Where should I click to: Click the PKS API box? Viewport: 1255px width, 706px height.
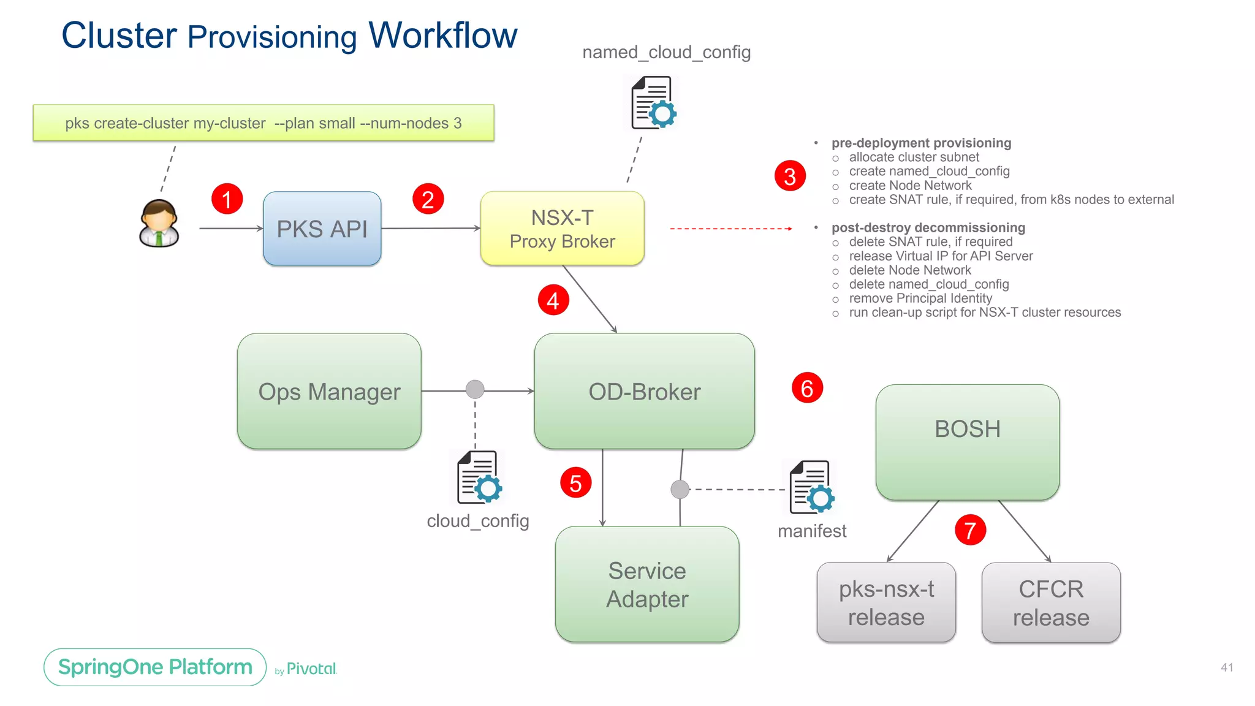pos(322,229)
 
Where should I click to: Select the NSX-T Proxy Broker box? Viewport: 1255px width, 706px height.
pos(562,229)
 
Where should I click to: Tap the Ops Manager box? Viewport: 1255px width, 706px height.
pos(329,392)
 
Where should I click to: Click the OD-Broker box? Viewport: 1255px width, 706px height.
pos(644,392)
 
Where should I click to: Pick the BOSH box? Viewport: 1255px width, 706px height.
pos(967,441)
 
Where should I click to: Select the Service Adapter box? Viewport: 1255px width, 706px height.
pos(647,584)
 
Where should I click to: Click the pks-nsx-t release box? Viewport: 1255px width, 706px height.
pos(886,602)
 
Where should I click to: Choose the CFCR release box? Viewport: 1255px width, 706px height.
pos(1050,602)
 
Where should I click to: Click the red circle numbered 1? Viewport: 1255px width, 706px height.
pos(227,199)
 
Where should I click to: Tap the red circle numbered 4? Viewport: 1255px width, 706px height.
pos(553,300)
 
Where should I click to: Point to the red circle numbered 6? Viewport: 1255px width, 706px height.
pos(807,388)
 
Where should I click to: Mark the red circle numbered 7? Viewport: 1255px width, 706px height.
pos(970,530)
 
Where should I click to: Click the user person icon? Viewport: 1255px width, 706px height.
pos(159,224)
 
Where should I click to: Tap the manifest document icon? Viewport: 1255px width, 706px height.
pos(811,488)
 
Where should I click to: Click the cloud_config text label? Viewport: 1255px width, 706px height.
pos(478,521)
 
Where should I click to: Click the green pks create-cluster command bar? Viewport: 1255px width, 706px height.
pos(264,123)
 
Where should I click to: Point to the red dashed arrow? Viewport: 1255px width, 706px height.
pos(730,229)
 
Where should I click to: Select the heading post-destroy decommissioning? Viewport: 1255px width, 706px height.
pos(928,227)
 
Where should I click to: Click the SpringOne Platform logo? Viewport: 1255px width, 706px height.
pos(155,667)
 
